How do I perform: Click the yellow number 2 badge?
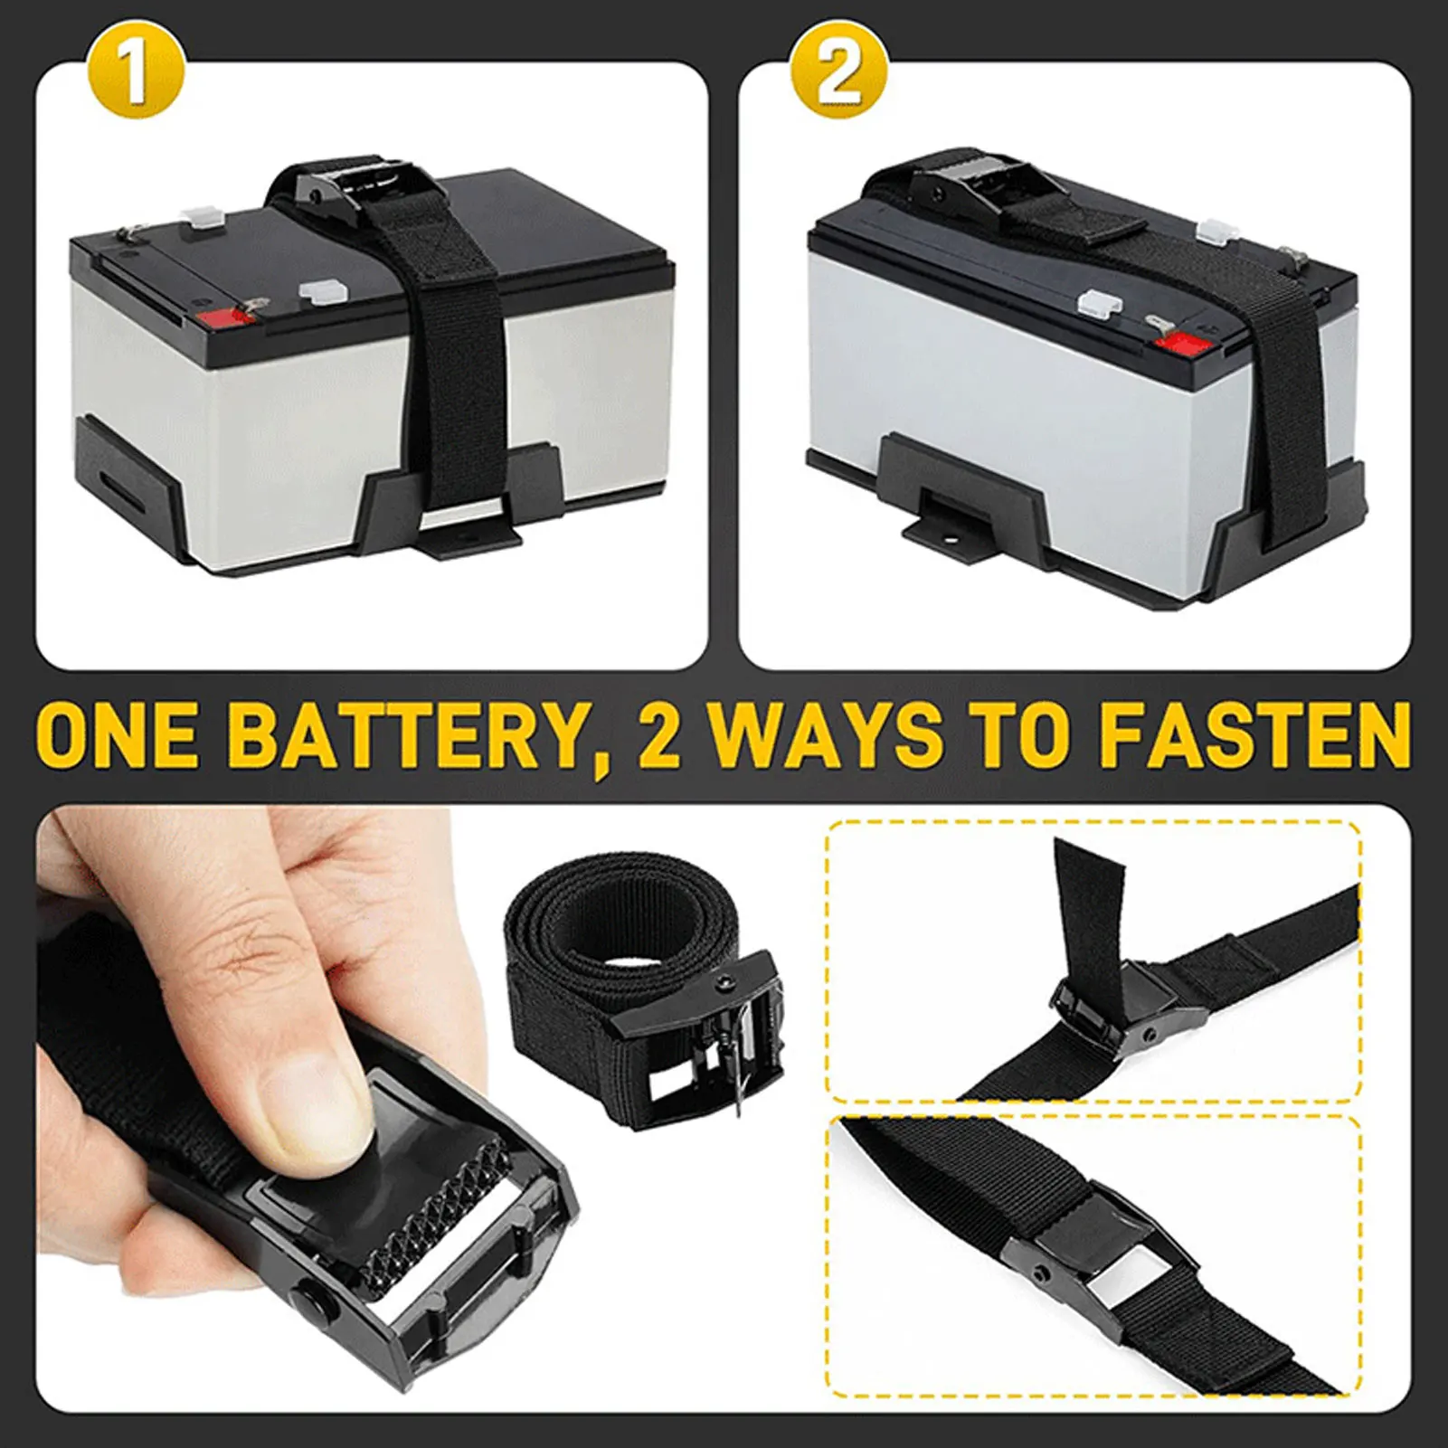(x=838, y=76)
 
